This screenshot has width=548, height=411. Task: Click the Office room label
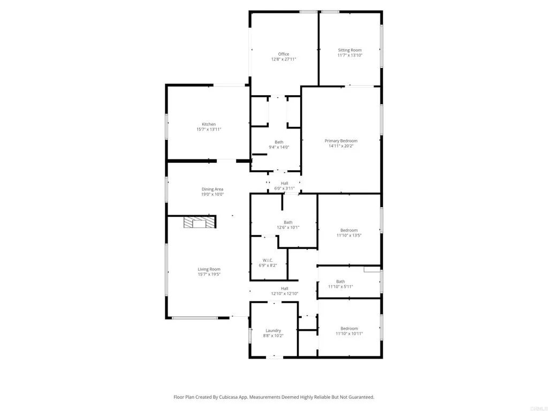284,54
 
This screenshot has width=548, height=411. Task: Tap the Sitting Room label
349,50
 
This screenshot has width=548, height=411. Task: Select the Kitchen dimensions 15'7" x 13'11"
209,130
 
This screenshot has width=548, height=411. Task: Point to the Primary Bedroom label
341,141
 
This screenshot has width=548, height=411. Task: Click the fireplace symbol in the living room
200,223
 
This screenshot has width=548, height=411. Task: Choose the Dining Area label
212,189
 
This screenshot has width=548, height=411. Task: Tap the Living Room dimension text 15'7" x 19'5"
209,275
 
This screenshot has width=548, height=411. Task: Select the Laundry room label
273,330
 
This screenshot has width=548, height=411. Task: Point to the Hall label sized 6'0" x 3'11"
284,183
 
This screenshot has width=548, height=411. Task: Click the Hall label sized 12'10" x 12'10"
285,288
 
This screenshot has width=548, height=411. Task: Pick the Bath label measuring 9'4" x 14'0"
279,142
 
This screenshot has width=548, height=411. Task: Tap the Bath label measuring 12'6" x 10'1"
288,222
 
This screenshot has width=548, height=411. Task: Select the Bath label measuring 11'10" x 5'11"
340,281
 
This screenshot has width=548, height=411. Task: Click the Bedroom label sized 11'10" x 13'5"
349,230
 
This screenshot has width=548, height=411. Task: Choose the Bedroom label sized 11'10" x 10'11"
349,328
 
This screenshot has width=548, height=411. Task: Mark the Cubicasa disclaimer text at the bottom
273,397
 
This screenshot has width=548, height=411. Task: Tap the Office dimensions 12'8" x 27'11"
284,59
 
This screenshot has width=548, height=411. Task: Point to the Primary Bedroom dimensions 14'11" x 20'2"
341,146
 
